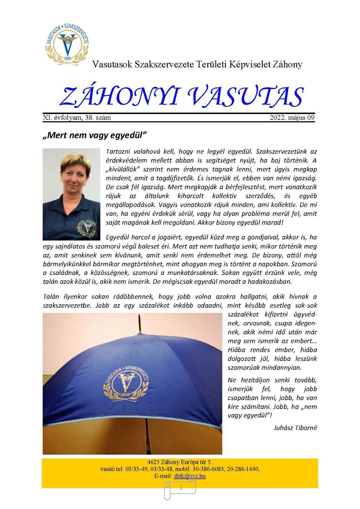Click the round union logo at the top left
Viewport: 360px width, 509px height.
[x=67, y=43]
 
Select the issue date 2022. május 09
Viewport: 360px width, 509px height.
[x=292, y=118]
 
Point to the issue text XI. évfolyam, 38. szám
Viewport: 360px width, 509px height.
[x=77, y=118]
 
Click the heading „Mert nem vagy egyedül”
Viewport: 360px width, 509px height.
[x=94, y=135]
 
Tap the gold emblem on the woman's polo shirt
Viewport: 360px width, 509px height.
[x=87, y=227]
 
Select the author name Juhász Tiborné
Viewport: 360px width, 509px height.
[x=295, y=428]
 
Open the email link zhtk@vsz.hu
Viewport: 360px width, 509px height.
[x=190, y=476]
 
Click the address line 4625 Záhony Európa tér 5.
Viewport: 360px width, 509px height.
[x=180, y=462]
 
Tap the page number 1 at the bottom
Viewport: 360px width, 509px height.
[x=181, y=488]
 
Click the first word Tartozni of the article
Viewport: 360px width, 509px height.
[x=118, y=152]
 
